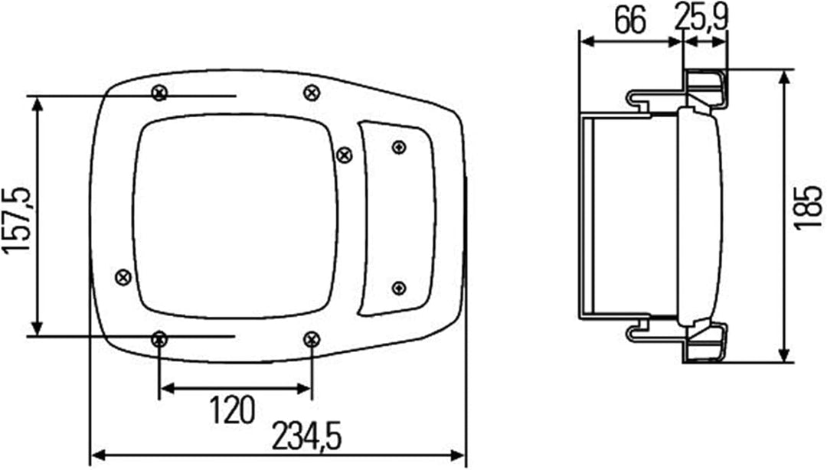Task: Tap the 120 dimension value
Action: (x=233, y=410)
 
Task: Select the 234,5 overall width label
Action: (x=307, y=437)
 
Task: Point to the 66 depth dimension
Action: (x=630, y=21)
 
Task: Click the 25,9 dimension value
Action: (x=701, y=18)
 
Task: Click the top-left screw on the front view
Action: (x=159, y=93)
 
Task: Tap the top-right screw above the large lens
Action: (x=312, y=93)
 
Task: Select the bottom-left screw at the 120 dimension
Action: (x=159, y=339)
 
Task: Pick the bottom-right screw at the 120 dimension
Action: (x=312, y=339)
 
